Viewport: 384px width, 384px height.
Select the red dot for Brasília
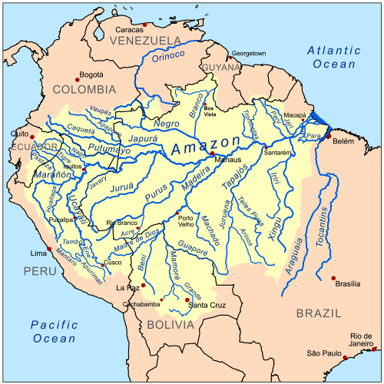[333, 278]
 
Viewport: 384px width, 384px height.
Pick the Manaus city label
[228, 160]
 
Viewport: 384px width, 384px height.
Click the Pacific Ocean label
[55, 331]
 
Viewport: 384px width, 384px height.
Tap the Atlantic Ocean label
[333, 57]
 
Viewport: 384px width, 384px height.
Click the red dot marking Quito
[32, 137]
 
